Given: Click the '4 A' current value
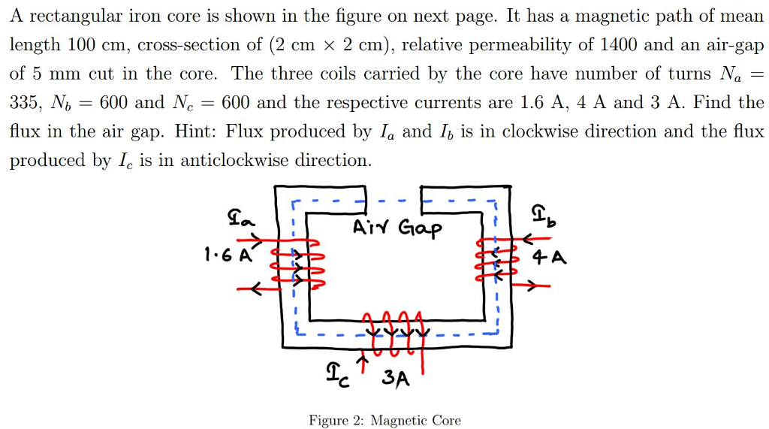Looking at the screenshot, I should pyautogui.click(x=549, y=258).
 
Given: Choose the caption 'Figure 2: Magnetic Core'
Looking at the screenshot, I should pyautogui.click(x=384, y=420).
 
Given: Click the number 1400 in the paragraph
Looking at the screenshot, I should pyautogui.click(x=618, y=44).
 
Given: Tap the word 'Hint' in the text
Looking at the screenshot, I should pyautogui.click(x=192, y=131).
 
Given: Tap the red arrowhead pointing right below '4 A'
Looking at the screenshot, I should pyautogui.click(x=532, y=286).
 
